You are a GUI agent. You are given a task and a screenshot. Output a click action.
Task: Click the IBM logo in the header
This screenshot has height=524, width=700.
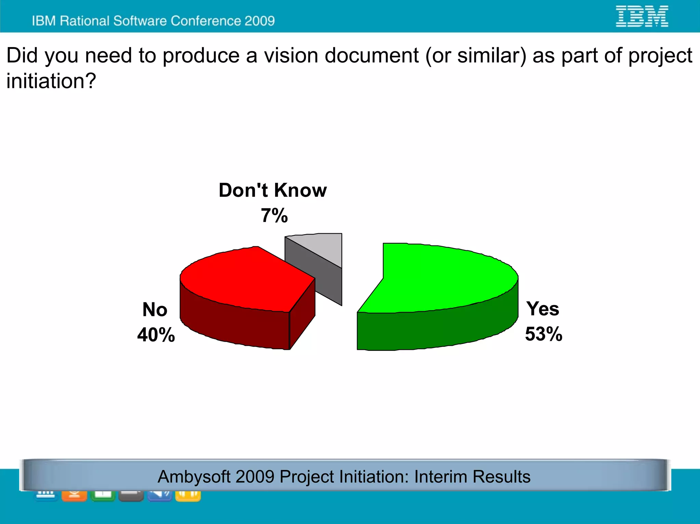642,16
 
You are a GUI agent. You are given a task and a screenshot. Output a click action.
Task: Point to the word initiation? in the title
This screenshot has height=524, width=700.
51,81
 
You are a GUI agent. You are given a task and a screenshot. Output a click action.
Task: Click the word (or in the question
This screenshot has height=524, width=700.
438,55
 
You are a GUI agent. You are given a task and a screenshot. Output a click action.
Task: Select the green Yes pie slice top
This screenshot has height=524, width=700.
444,277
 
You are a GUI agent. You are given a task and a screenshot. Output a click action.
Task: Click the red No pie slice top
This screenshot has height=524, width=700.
243,278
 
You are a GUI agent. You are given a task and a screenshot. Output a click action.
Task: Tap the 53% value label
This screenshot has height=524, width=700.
543,334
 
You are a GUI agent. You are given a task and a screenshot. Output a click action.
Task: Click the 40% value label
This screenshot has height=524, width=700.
156,335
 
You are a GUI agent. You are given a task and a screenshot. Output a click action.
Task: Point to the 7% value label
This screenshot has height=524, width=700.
274,216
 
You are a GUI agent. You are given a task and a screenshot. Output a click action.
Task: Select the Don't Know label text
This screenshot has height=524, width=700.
272,190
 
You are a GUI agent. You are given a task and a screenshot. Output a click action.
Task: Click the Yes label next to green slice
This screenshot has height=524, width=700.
542,309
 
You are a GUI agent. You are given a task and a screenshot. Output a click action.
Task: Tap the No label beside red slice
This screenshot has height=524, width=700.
155,309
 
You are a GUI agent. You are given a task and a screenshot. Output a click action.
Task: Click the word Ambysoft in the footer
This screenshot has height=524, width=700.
194,477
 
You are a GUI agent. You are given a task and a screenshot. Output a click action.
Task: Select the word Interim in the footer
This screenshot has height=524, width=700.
441,477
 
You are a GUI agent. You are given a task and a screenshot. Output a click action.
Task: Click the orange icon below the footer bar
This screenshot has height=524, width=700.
74,495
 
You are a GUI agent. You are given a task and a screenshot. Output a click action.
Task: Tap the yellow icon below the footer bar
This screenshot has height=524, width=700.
188,495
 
